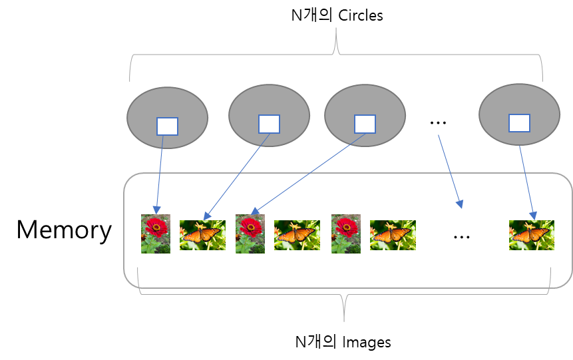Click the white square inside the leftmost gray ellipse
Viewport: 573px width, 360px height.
tap(167, 126)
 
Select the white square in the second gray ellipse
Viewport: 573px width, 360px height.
tap(269, 124)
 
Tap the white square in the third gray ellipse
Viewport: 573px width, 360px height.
tap(365, 124)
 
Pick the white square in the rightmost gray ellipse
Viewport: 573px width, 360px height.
tap(519, 123)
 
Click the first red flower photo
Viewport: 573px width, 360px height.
tap(156, 234)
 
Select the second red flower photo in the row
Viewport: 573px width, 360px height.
tap(250, 234)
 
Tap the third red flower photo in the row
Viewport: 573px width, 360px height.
tap(346, 234)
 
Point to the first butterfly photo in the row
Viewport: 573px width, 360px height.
tap(202, 236)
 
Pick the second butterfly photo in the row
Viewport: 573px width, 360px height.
tap(297, 236)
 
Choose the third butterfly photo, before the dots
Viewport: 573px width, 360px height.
tap(393, 236)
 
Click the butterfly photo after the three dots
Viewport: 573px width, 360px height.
tap(532, 236)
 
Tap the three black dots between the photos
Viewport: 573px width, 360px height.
tap(462, 237)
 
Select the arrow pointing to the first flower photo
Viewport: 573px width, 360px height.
tap(160, 173)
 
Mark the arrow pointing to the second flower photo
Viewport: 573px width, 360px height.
tap(308, 174)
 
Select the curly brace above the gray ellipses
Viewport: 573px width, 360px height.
tap(336, 53)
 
